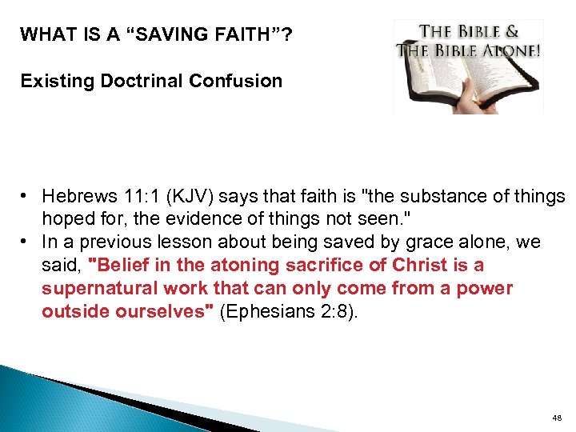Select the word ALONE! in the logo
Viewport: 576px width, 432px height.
coord(509,50)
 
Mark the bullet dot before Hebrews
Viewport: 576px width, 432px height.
coord(26,196)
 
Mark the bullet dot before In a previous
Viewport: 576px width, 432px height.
coord(26,242)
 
